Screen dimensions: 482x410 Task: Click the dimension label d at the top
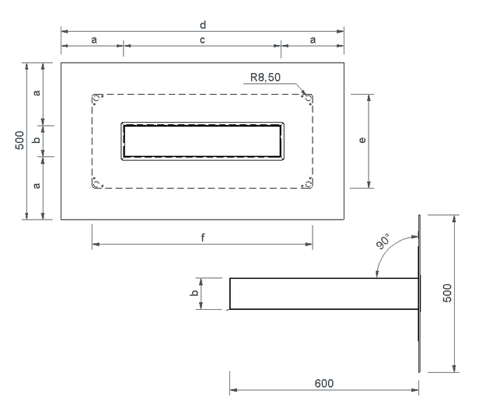point(203,25)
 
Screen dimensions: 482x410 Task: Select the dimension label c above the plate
point(202,40)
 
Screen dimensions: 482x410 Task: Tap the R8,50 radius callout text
point(265,77)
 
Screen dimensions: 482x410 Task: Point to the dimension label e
point(362,140)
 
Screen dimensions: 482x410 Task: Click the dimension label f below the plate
point(203,238)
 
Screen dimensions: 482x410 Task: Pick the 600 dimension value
point(324,384)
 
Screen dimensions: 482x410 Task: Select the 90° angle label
point(382,241)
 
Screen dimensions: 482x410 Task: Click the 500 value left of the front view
point(19,141)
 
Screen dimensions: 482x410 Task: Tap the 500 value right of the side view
point(447,293)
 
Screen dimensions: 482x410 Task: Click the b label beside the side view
point(194,293)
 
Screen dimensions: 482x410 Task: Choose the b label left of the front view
point(37,140)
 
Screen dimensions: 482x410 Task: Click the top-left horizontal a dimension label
point(94,40)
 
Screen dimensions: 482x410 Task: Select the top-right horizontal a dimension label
point(313,40)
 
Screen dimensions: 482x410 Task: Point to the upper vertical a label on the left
point(37,92)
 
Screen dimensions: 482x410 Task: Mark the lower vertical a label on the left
point(37,186)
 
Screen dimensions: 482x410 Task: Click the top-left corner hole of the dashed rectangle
point(97,99)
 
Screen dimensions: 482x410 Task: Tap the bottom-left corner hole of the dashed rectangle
point(97,183)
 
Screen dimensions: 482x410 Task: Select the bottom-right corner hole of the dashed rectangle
point(307,183)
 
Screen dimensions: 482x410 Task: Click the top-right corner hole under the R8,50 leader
point(307,99)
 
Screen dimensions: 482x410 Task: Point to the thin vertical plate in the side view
point(419,294)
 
